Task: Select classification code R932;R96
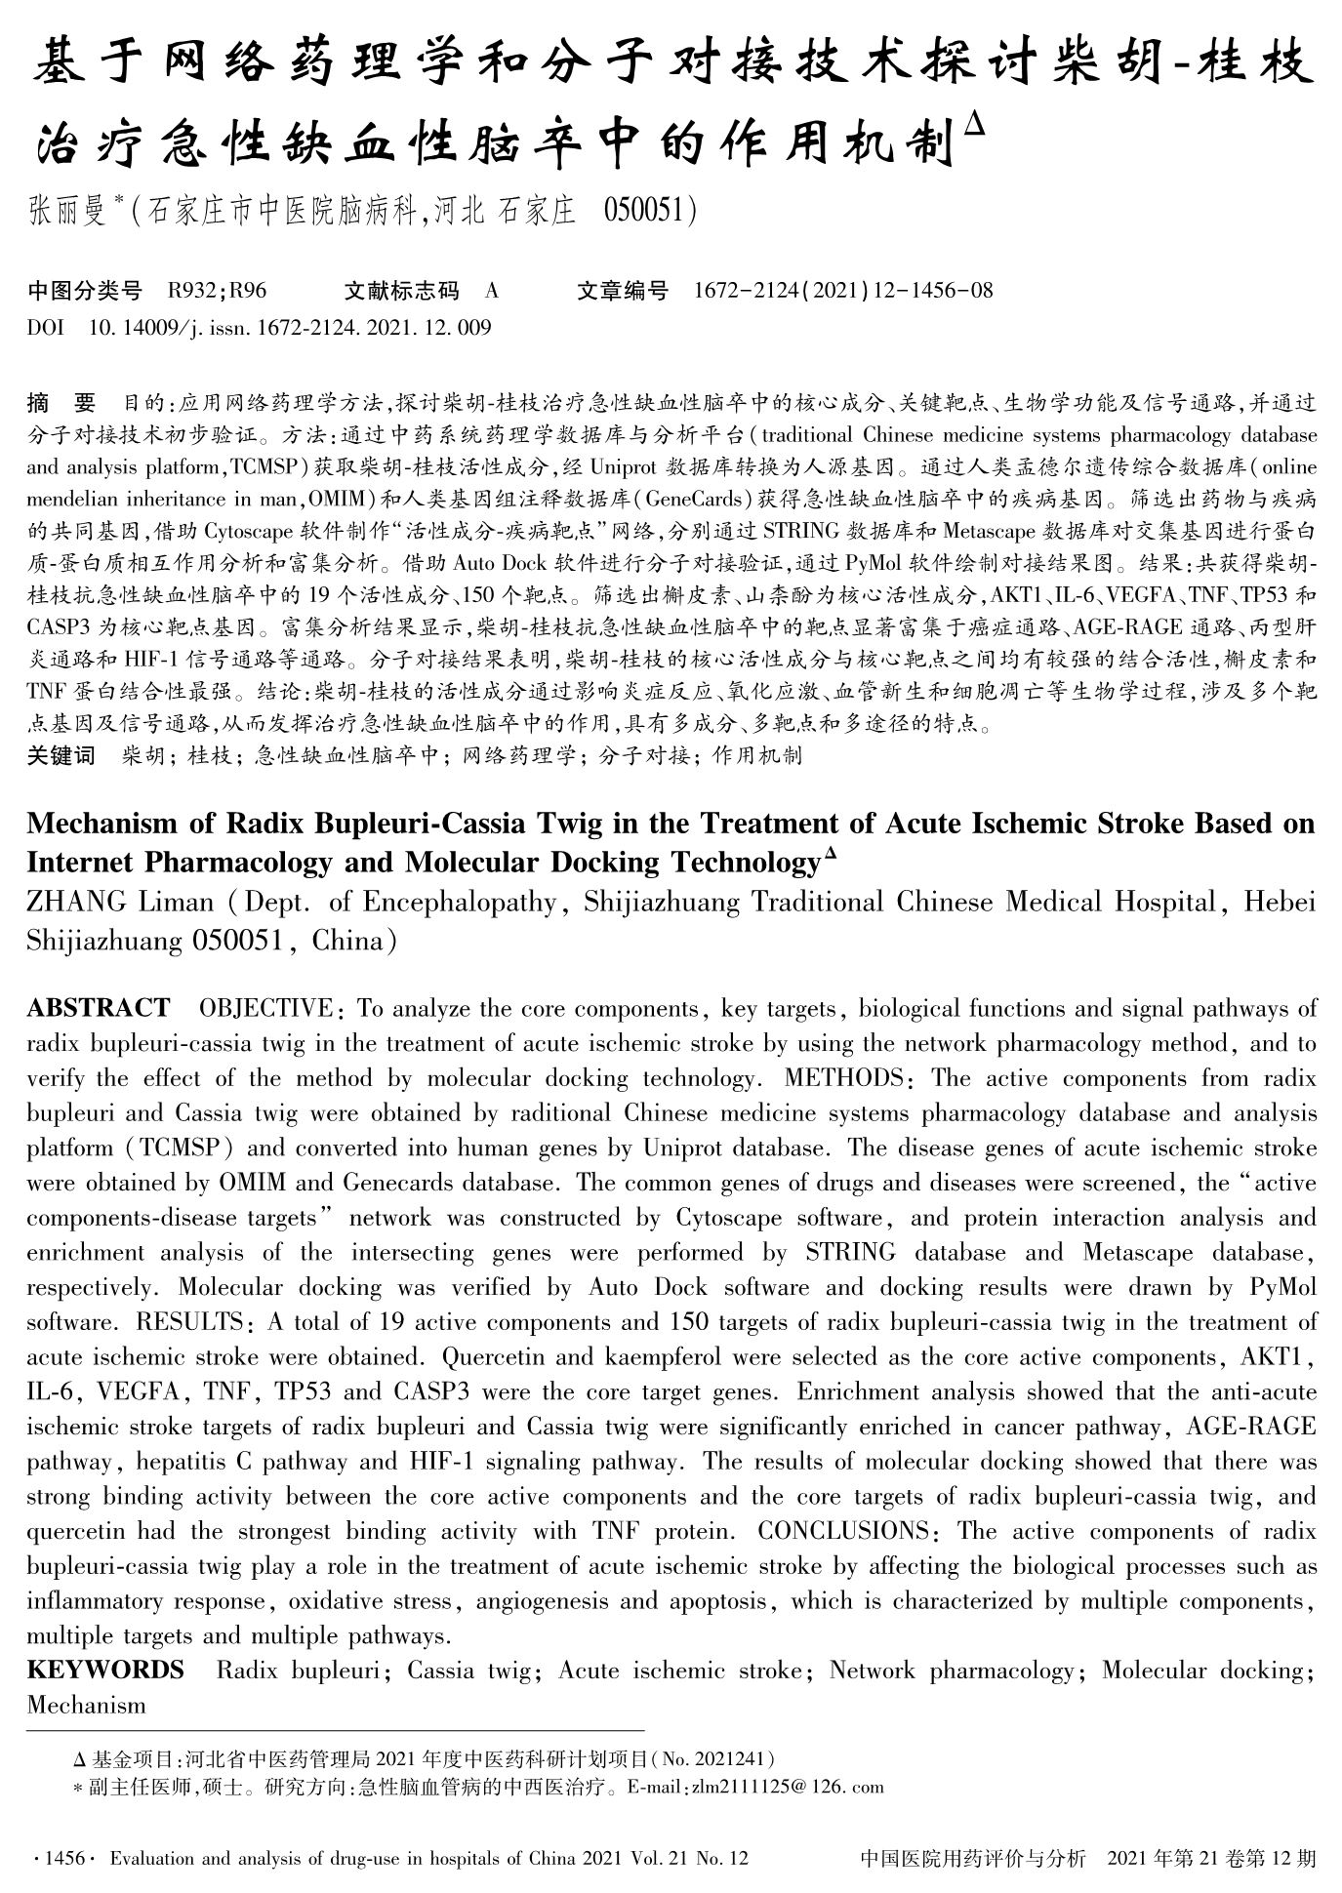(218, 290)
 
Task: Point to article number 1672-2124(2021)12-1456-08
(842, 290)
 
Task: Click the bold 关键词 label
(61, 755)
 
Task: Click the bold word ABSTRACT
(99, 1008)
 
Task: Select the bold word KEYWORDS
(105, 1671)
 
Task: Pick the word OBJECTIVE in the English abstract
(265, 1008)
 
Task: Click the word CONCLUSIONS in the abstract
(847, 1531)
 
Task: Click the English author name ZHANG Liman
(120, 902)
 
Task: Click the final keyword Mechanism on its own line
(86, 1706)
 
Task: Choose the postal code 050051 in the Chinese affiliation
(645, 211)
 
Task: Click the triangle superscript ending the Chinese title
(976, 125)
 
